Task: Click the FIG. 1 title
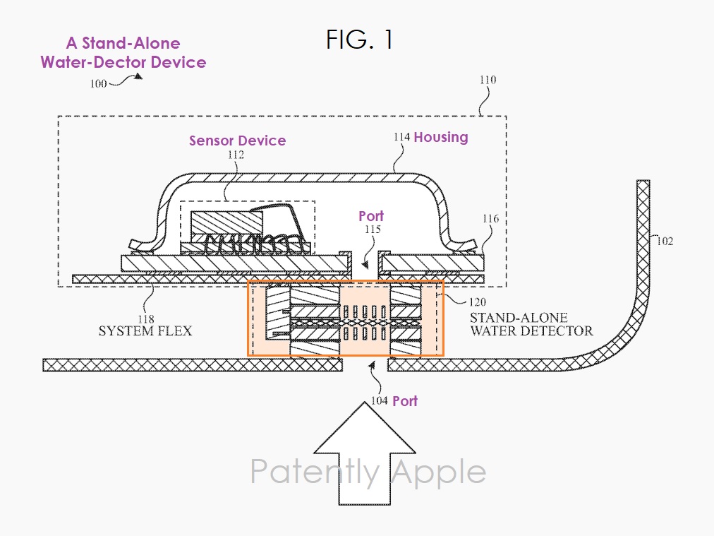359,40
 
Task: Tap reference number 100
98,83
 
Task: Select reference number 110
488,80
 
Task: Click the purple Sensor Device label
237,141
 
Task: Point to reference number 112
236,155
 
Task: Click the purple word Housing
440,137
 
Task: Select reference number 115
372,230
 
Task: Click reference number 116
490,219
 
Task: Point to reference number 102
664,241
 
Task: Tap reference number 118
147,319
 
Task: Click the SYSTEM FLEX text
145,330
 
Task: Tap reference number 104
379,401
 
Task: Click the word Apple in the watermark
438,472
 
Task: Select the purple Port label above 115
371,216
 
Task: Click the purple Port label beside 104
405,401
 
